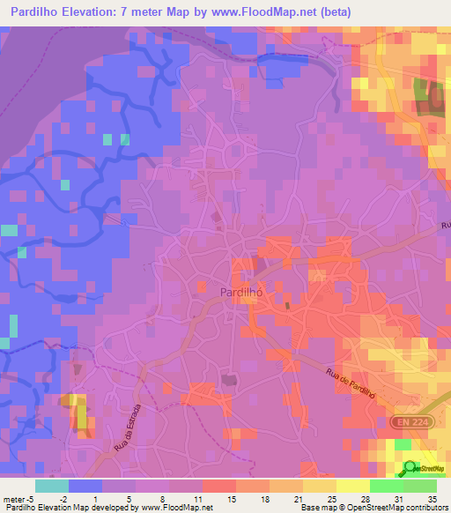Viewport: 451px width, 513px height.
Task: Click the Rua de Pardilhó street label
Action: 351,387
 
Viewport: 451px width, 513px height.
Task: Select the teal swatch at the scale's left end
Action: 51,486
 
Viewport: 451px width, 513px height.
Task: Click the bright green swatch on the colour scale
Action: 386,486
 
